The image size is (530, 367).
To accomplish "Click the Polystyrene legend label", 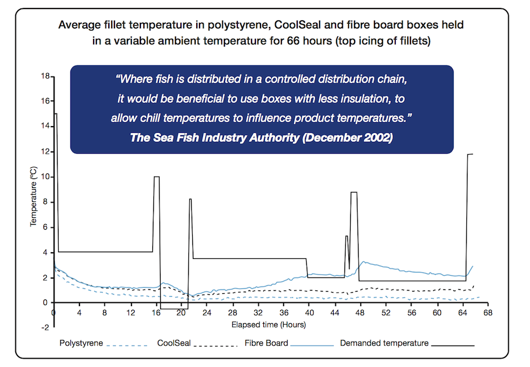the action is [x=81, y=343].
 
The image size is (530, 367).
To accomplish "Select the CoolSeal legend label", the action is [x=174, y=343].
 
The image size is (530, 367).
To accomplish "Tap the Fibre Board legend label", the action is [x=266, y=343].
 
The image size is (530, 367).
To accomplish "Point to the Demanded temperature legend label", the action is [x=385, y=343].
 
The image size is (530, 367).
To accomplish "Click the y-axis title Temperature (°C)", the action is [x=33, y=196].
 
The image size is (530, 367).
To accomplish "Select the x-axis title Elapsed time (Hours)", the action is [x=269, y=324].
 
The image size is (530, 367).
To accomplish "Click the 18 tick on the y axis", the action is [x=45, y=76].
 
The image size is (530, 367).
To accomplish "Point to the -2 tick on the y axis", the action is [x=45, y=328].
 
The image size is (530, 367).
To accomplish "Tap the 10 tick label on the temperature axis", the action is [x=45, y=177].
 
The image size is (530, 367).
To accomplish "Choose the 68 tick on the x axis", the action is [x=488, y=313].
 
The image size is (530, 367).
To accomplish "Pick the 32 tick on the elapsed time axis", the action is [x=258, y=313].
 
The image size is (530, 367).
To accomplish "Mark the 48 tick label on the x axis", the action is [x=360, y=313].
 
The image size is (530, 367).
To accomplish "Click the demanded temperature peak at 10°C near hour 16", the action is [x=157, y=177].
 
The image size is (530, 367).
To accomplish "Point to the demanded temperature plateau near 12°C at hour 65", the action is [x=470, y=154].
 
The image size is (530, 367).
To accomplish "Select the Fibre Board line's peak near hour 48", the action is [x=363, y=261].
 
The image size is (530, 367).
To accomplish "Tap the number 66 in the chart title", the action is [x=294, y=41].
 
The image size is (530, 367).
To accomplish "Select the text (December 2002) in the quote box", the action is [x=347, y=137].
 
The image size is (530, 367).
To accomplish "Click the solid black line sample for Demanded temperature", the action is [x=453, y=346].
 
